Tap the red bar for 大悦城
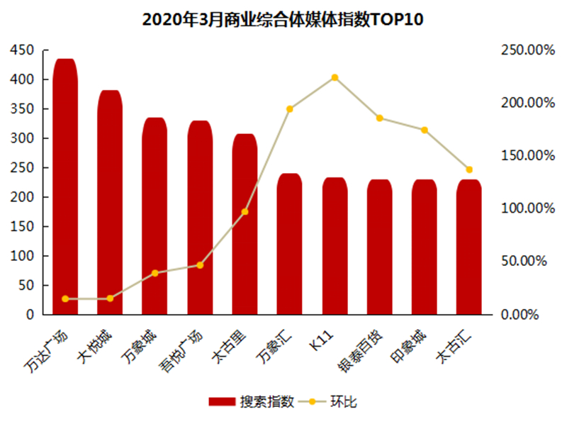tap(110, 202)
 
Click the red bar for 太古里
tap(245, 223)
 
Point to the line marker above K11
tap(335, 77)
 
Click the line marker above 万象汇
tap(290, 108)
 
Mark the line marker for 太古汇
tap(469, 169)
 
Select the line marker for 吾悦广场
tap(200, 265)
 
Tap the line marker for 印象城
tap(425, 130)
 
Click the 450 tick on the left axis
tap(22, 50)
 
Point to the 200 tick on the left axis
tap(22, 197)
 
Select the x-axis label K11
tap(327, 336)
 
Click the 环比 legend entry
tap(334, 402)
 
